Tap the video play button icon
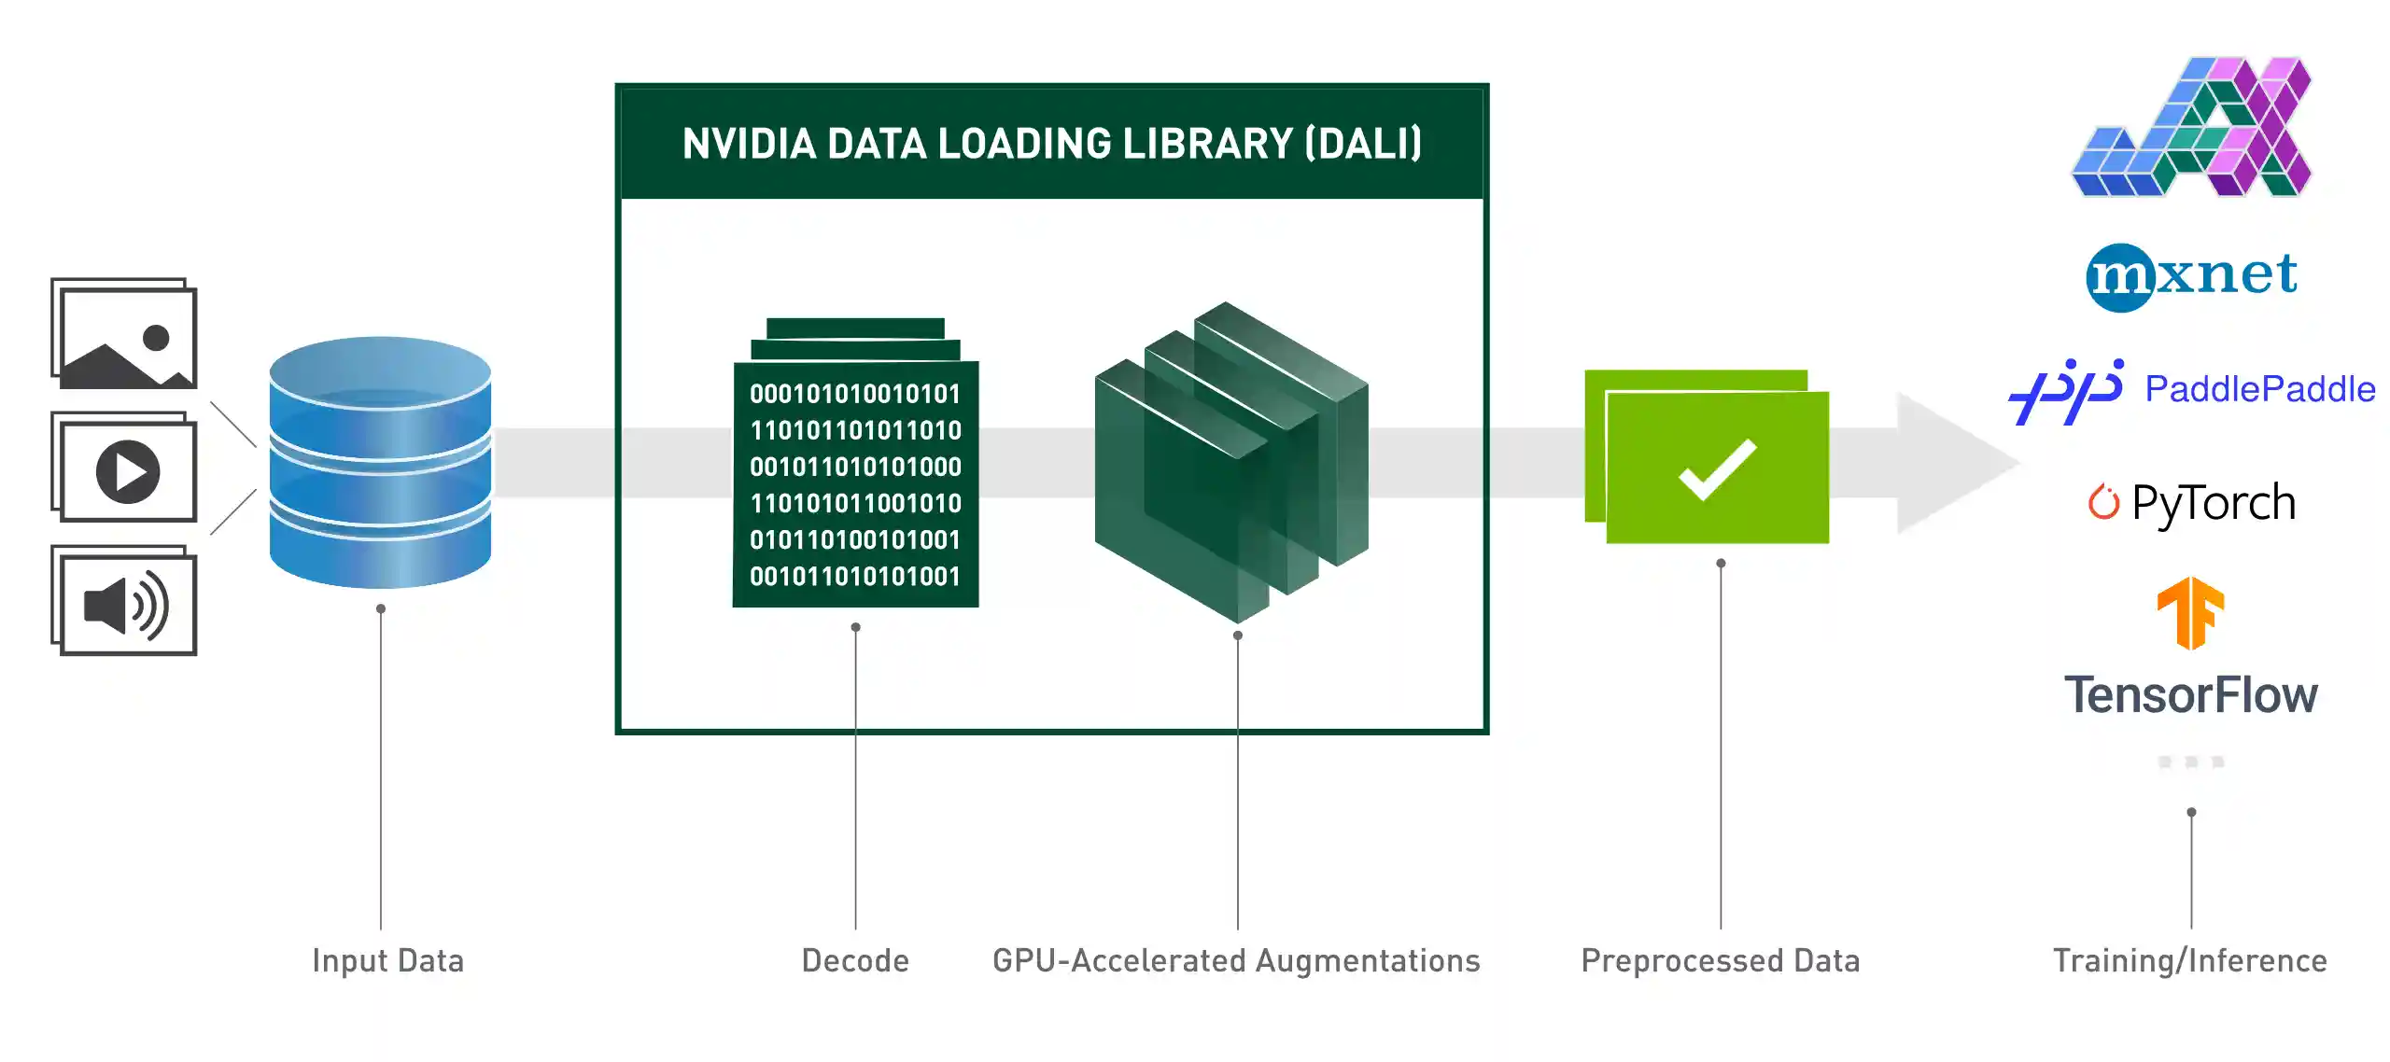tap(128, 471)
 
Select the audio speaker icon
tap(125, 605)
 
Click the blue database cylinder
tap(380, 462)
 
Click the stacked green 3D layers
tap(1231, 462)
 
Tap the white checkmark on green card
tap(1718, 469)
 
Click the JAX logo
tap(2191, 127)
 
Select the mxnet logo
tap(2191, 276)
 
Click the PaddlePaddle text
tap(2259, 389)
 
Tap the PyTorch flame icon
tap(2103, 502)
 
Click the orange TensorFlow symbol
tap(2190, 612)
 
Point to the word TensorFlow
tap(2190, 695)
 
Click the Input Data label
tap(387, 960)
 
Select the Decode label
tap(855, 960)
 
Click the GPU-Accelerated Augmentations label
tap(1236, 960)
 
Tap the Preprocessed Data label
tap(1720, 960)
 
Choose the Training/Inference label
tap(2189, 960)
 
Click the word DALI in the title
tap(1363, 144)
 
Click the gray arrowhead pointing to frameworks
tap(1951, 464)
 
